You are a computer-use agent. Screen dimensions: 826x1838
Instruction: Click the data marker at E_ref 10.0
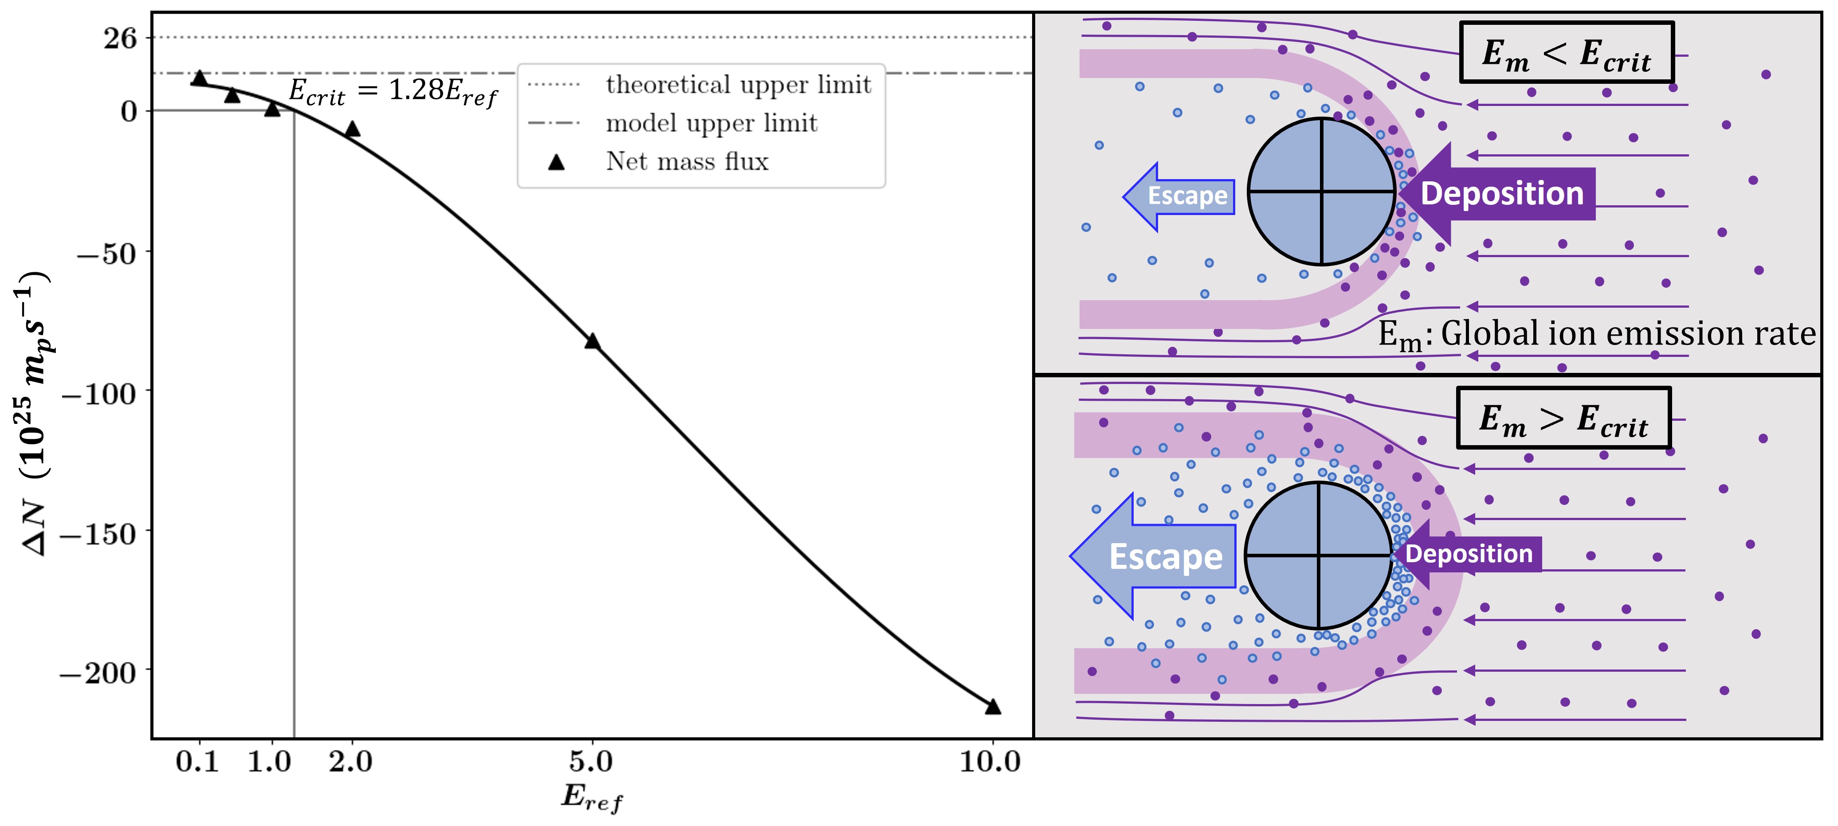[993, 706]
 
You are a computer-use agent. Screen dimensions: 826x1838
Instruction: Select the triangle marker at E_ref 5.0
[592, 341]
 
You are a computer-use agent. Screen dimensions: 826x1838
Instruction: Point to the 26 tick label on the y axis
[120, 38]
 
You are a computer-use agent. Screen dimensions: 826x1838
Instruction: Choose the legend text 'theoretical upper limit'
[738, 84]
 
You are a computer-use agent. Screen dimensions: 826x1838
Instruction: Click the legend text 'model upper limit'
[711, 123]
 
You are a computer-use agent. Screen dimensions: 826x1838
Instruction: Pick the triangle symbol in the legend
[557, 163]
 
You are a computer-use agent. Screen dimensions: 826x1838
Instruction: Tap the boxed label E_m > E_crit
[1563, 419]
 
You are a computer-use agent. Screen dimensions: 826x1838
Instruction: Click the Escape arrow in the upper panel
[1179, 196]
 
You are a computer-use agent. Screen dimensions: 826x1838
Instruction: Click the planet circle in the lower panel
[1318, 556]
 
